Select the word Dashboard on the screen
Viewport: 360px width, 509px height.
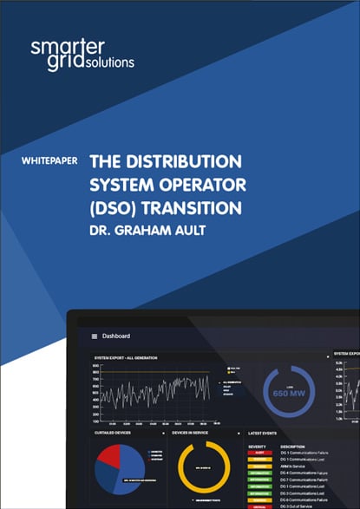pos(117,336)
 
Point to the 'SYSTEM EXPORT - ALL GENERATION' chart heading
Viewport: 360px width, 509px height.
pos(127,356)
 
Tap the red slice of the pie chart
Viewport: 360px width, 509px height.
pos(109,456)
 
